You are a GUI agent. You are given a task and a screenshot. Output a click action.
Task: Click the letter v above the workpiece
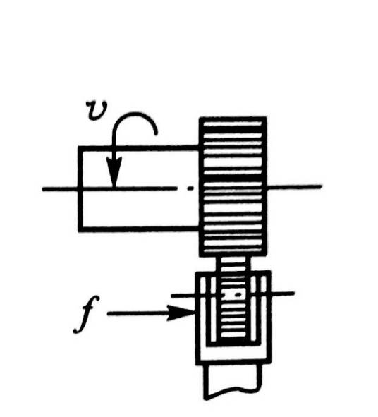click(97, 110)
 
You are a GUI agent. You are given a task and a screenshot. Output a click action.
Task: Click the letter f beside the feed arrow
click(87, 315)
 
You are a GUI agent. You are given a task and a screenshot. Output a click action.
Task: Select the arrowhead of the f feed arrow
click(181, 313)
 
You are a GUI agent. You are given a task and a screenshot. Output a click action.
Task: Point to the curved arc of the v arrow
click(135, 114)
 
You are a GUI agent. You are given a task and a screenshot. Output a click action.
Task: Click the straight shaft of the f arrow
click(138, 313)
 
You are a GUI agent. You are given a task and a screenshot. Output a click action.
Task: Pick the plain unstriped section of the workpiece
click(139, 188)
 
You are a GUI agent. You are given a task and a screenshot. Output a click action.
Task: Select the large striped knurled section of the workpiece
click(233, 186)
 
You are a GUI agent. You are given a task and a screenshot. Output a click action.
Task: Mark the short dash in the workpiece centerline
click(190, 188)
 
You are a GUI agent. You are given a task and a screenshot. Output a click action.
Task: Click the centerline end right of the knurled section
click(321, 186)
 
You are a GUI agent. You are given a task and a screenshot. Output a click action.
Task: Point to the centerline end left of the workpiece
click(44, 189)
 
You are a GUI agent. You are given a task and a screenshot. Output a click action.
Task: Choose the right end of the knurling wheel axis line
click(293, 294)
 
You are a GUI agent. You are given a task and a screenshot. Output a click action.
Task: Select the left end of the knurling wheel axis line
click(172, 296)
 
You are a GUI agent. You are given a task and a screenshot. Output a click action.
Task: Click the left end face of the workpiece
click(80, 188)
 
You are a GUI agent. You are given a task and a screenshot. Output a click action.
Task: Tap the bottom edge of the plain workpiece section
click(139, 229)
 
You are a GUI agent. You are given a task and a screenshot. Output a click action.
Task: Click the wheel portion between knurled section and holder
click(233, 264)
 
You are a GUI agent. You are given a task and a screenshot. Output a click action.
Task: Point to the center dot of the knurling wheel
click(238, 295)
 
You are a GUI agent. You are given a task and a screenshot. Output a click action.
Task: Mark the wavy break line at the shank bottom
click(232, 394)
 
